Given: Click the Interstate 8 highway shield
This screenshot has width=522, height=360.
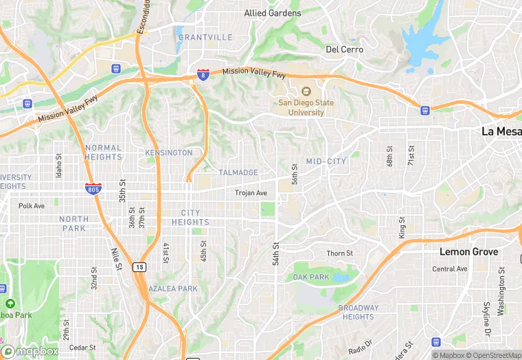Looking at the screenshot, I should click(203, 74).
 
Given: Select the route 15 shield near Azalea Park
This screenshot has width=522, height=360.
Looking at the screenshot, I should click(139, 267).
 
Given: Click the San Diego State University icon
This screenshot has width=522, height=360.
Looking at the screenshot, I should click(306, 91).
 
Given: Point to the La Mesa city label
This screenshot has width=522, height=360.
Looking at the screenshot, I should click(501, 131).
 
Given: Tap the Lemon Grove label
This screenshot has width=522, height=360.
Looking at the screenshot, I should click(468, 252).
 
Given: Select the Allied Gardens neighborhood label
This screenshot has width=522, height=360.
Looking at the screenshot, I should click(273, 13).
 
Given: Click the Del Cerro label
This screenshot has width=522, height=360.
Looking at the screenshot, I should click(343, 49).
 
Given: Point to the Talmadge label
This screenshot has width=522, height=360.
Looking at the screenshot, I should click(238, 172).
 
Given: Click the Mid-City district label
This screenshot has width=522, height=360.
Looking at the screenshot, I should click(326, 161).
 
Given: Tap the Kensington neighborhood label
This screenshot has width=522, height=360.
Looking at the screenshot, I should click(169, 152).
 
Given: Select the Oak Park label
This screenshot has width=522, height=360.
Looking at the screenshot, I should click(311, 277).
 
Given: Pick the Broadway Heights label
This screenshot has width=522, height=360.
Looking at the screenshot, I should click(358, 312).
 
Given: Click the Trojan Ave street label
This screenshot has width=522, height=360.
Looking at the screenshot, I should click(251, 193).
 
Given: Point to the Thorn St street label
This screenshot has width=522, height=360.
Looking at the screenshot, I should click(339, 254).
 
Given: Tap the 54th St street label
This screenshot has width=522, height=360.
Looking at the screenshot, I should click(276, 254).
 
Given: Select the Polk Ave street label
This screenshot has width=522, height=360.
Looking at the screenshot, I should click(32, 205).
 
